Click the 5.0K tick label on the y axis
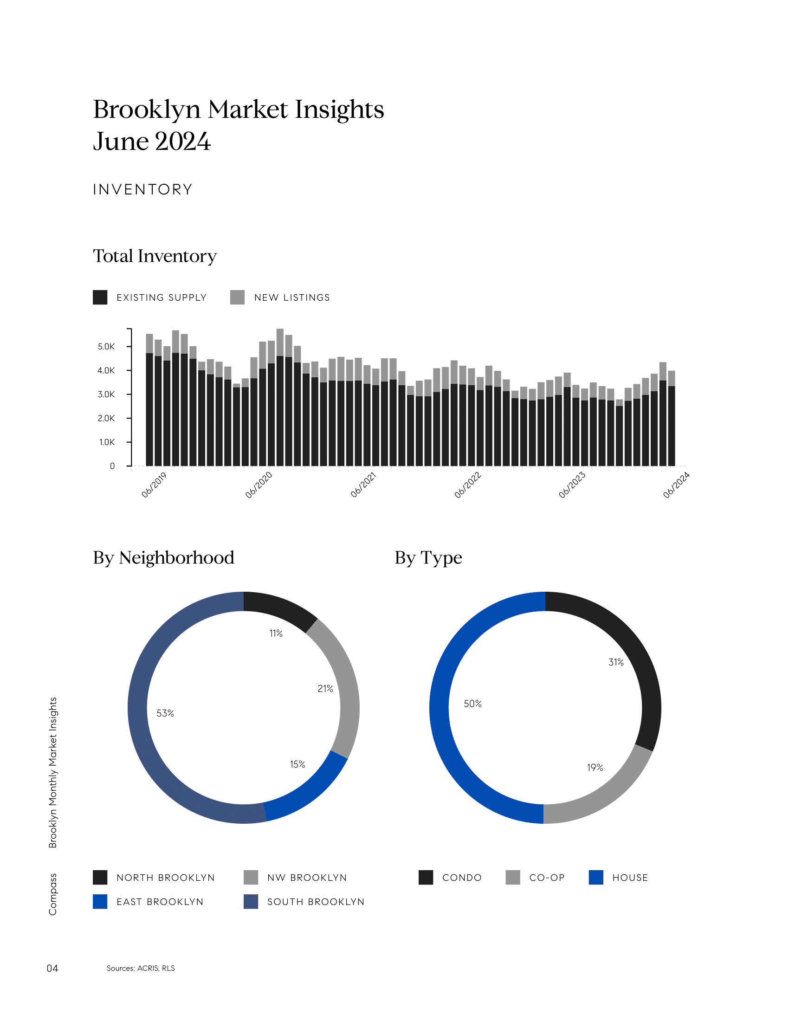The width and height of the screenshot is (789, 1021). [106, 346]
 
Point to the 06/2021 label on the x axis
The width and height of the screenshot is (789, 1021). [363, 485]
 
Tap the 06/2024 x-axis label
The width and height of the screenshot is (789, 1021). [676, 485]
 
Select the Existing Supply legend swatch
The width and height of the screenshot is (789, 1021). [100, 297]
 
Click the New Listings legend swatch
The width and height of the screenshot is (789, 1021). [238, 297]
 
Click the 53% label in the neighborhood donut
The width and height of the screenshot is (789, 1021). [165, 713]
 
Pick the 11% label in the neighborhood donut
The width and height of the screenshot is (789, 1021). [276, 633]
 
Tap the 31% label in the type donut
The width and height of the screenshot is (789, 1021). [615, 662]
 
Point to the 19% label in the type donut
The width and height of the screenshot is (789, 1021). [595, 767]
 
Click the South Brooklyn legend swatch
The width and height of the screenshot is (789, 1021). [251, 901]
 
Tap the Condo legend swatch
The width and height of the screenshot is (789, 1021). [426, 877]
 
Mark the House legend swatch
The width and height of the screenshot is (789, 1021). [596, 877]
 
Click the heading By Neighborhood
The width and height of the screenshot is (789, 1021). [163, 557]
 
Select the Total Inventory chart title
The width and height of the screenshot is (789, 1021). [155, 256]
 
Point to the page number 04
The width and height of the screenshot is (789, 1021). [52, 968]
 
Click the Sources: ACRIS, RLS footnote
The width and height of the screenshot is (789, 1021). [141, 968]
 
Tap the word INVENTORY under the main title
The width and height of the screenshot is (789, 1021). [142, 189]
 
